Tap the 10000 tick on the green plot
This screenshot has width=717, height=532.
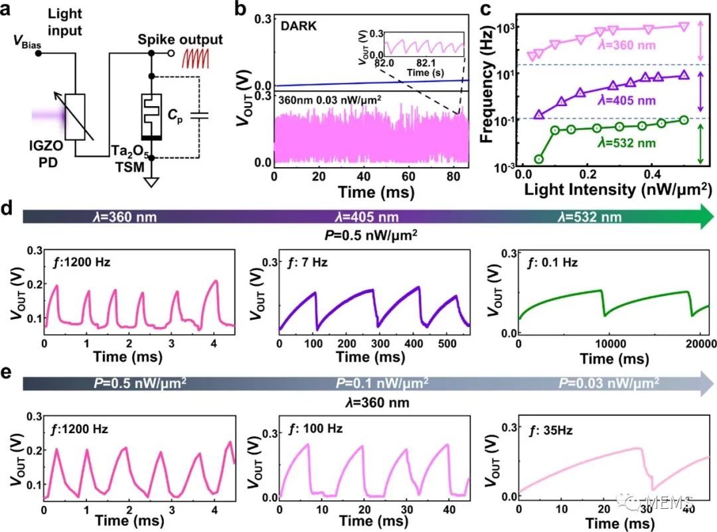[x=613, y=343]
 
